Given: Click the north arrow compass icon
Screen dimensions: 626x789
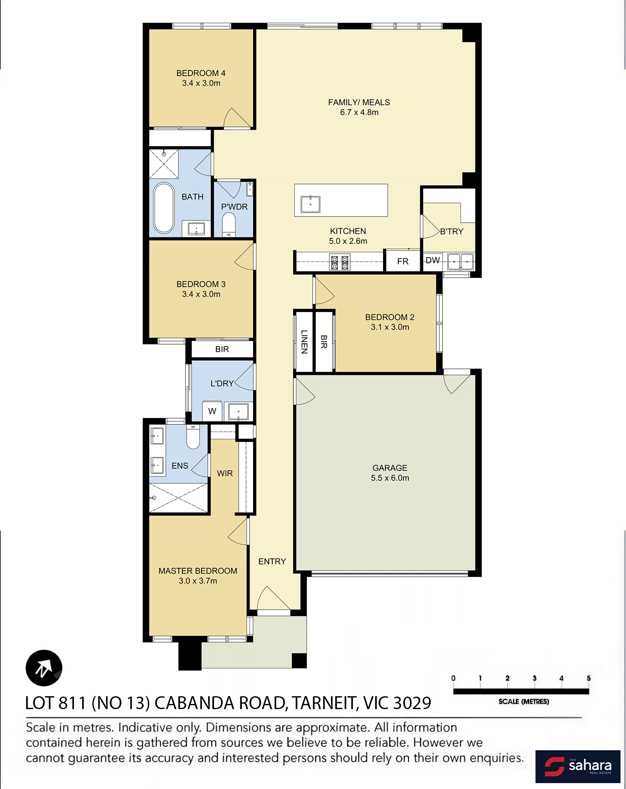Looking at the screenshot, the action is pyautogui.click(x=44, y=668).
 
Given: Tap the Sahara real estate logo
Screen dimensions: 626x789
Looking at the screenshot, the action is pyautogui.click(x=578, y=766).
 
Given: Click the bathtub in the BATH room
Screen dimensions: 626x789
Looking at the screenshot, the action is pyautogui.click(x=164, y=208).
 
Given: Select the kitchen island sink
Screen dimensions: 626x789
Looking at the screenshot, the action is pyautogui.click(x=310, y=204).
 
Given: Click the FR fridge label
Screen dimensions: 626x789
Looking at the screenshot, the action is pyautogui.click(x=403, y=261).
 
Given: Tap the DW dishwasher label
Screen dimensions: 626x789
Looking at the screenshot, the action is pyautogui.click(x=433, y=260).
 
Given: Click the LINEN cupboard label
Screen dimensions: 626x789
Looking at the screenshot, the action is pyautogui.click(x=304, y=342).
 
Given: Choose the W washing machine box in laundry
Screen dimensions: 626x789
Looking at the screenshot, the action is pyautogui.click(x=212, y=411).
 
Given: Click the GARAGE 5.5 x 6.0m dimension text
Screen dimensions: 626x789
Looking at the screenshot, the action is pyautogui.click(x=390, y=478).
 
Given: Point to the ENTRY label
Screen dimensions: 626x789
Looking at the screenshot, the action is pyautogui.click(x=272, y=562).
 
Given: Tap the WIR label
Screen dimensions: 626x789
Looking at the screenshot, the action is pyautogui.click(x=225, y=473).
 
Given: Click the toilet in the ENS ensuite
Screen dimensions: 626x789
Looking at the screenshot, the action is pyautogui.click(x=193, y=437).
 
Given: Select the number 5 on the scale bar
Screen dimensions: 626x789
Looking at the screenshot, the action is pyautogui.click(x=588, y=678).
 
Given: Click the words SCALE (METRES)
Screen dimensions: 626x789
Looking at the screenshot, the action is pyautogui.click(x=523, y=702).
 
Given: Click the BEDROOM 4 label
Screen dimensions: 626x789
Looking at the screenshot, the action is pyautogui.click(x=201, y=73).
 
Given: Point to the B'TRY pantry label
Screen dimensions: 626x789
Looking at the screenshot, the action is pyautogui.click(x=452, y=231).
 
